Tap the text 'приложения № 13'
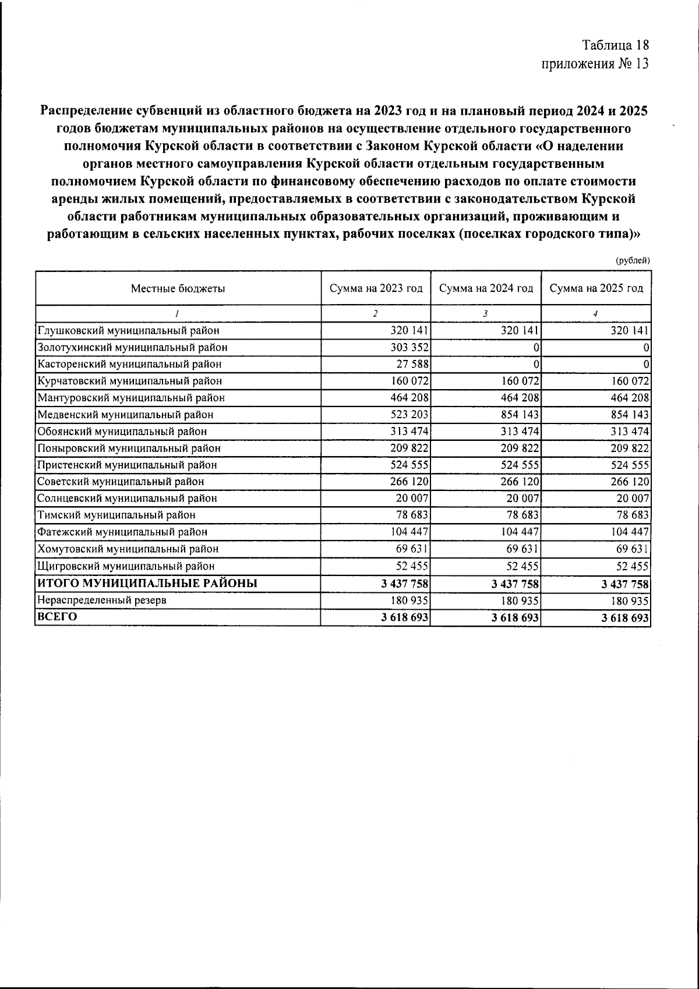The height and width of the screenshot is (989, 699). (x=595, y=63)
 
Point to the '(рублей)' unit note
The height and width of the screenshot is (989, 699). (x=633, y=262)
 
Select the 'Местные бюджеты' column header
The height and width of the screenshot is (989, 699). (x=178, y=288)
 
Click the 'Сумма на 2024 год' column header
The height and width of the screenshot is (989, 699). (x=486, y=288)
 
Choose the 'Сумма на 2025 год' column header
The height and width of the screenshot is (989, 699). (x=596, y=288)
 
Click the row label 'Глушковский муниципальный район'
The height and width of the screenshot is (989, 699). (x=129, y=331)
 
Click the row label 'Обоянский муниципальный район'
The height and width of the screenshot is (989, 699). (x=122, y=432)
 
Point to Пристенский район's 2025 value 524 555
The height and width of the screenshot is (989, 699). (x=629, y=465)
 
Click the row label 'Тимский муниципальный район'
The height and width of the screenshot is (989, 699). (x=116, y=515)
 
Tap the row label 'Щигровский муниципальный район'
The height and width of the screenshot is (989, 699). (x=126, y=566)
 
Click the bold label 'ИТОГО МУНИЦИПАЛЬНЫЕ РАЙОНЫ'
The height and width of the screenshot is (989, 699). (x=147, y=583)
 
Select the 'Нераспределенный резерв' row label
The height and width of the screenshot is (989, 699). (x=102, y=601)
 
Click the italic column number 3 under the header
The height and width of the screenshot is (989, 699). (x=485, y=314)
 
